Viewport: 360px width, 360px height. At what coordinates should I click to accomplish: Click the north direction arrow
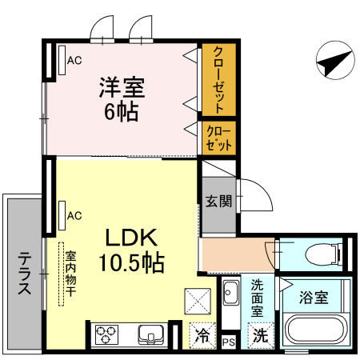coord(334,61)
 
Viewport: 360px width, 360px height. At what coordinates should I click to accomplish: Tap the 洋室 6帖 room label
coord(121,97)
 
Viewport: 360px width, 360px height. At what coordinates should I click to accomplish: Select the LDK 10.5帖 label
coord(132,249)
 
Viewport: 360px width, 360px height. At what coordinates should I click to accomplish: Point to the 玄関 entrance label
coord(218,201)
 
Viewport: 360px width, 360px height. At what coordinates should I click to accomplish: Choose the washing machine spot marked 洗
coord(261,337)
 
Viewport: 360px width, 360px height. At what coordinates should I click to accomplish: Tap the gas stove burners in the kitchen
coord(106,335)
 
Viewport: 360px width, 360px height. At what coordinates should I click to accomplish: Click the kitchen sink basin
coord(150,334)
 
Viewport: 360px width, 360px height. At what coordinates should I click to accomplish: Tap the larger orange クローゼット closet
coord(218,78)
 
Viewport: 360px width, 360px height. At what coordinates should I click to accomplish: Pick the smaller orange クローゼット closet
coord(218,138)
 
